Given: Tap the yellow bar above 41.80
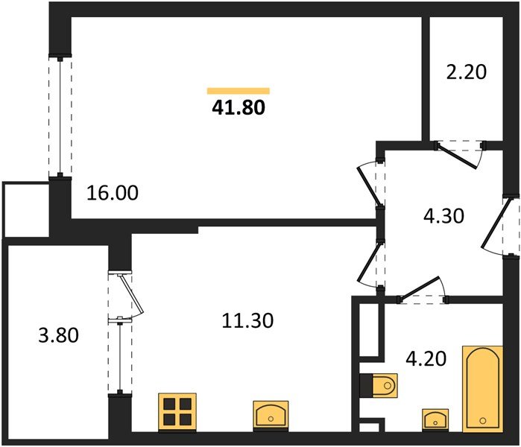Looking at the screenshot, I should coord(238,91).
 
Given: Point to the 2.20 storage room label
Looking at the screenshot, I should coord(466,72).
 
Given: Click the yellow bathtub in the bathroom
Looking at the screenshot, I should coord(481,387).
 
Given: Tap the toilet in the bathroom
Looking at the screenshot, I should coord(380,385).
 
